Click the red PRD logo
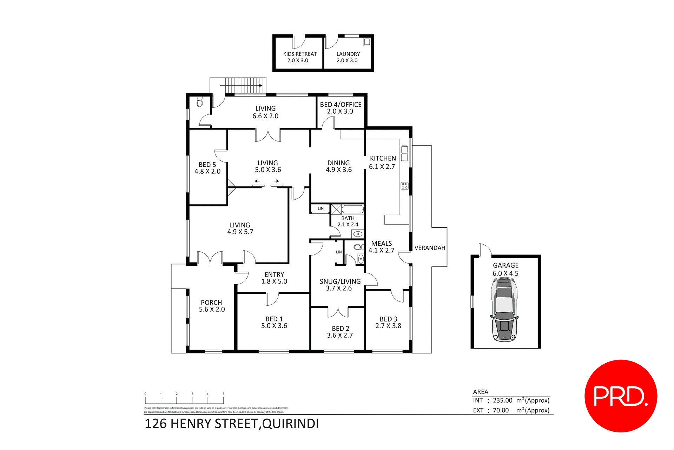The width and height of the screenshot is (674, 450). [620, 396]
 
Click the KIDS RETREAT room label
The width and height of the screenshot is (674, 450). [300, 54]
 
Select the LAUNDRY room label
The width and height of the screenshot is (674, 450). [348, 54]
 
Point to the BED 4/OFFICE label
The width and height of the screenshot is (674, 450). [341, 105]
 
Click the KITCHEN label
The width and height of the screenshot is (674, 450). [383, 159]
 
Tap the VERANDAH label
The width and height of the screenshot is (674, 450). [430, 248]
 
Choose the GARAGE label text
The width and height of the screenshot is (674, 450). [505, 266]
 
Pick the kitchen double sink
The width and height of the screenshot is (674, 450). [404, 153]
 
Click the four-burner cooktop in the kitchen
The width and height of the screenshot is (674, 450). [404, 186]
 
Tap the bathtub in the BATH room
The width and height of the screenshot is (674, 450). [352, 210]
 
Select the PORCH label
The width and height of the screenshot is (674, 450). [211, 303]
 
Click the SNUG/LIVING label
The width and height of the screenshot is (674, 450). [340, 282]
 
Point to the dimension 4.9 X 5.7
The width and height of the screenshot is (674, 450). [240, 232]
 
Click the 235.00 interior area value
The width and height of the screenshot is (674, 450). [502, 401]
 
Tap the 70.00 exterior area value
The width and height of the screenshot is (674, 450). [501, 410]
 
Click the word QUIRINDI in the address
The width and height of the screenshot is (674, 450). [290, 424]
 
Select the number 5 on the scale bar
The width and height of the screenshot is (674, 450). [224, 394]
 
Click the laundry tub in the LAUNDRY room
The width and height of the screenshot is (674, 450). [367, 42]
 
